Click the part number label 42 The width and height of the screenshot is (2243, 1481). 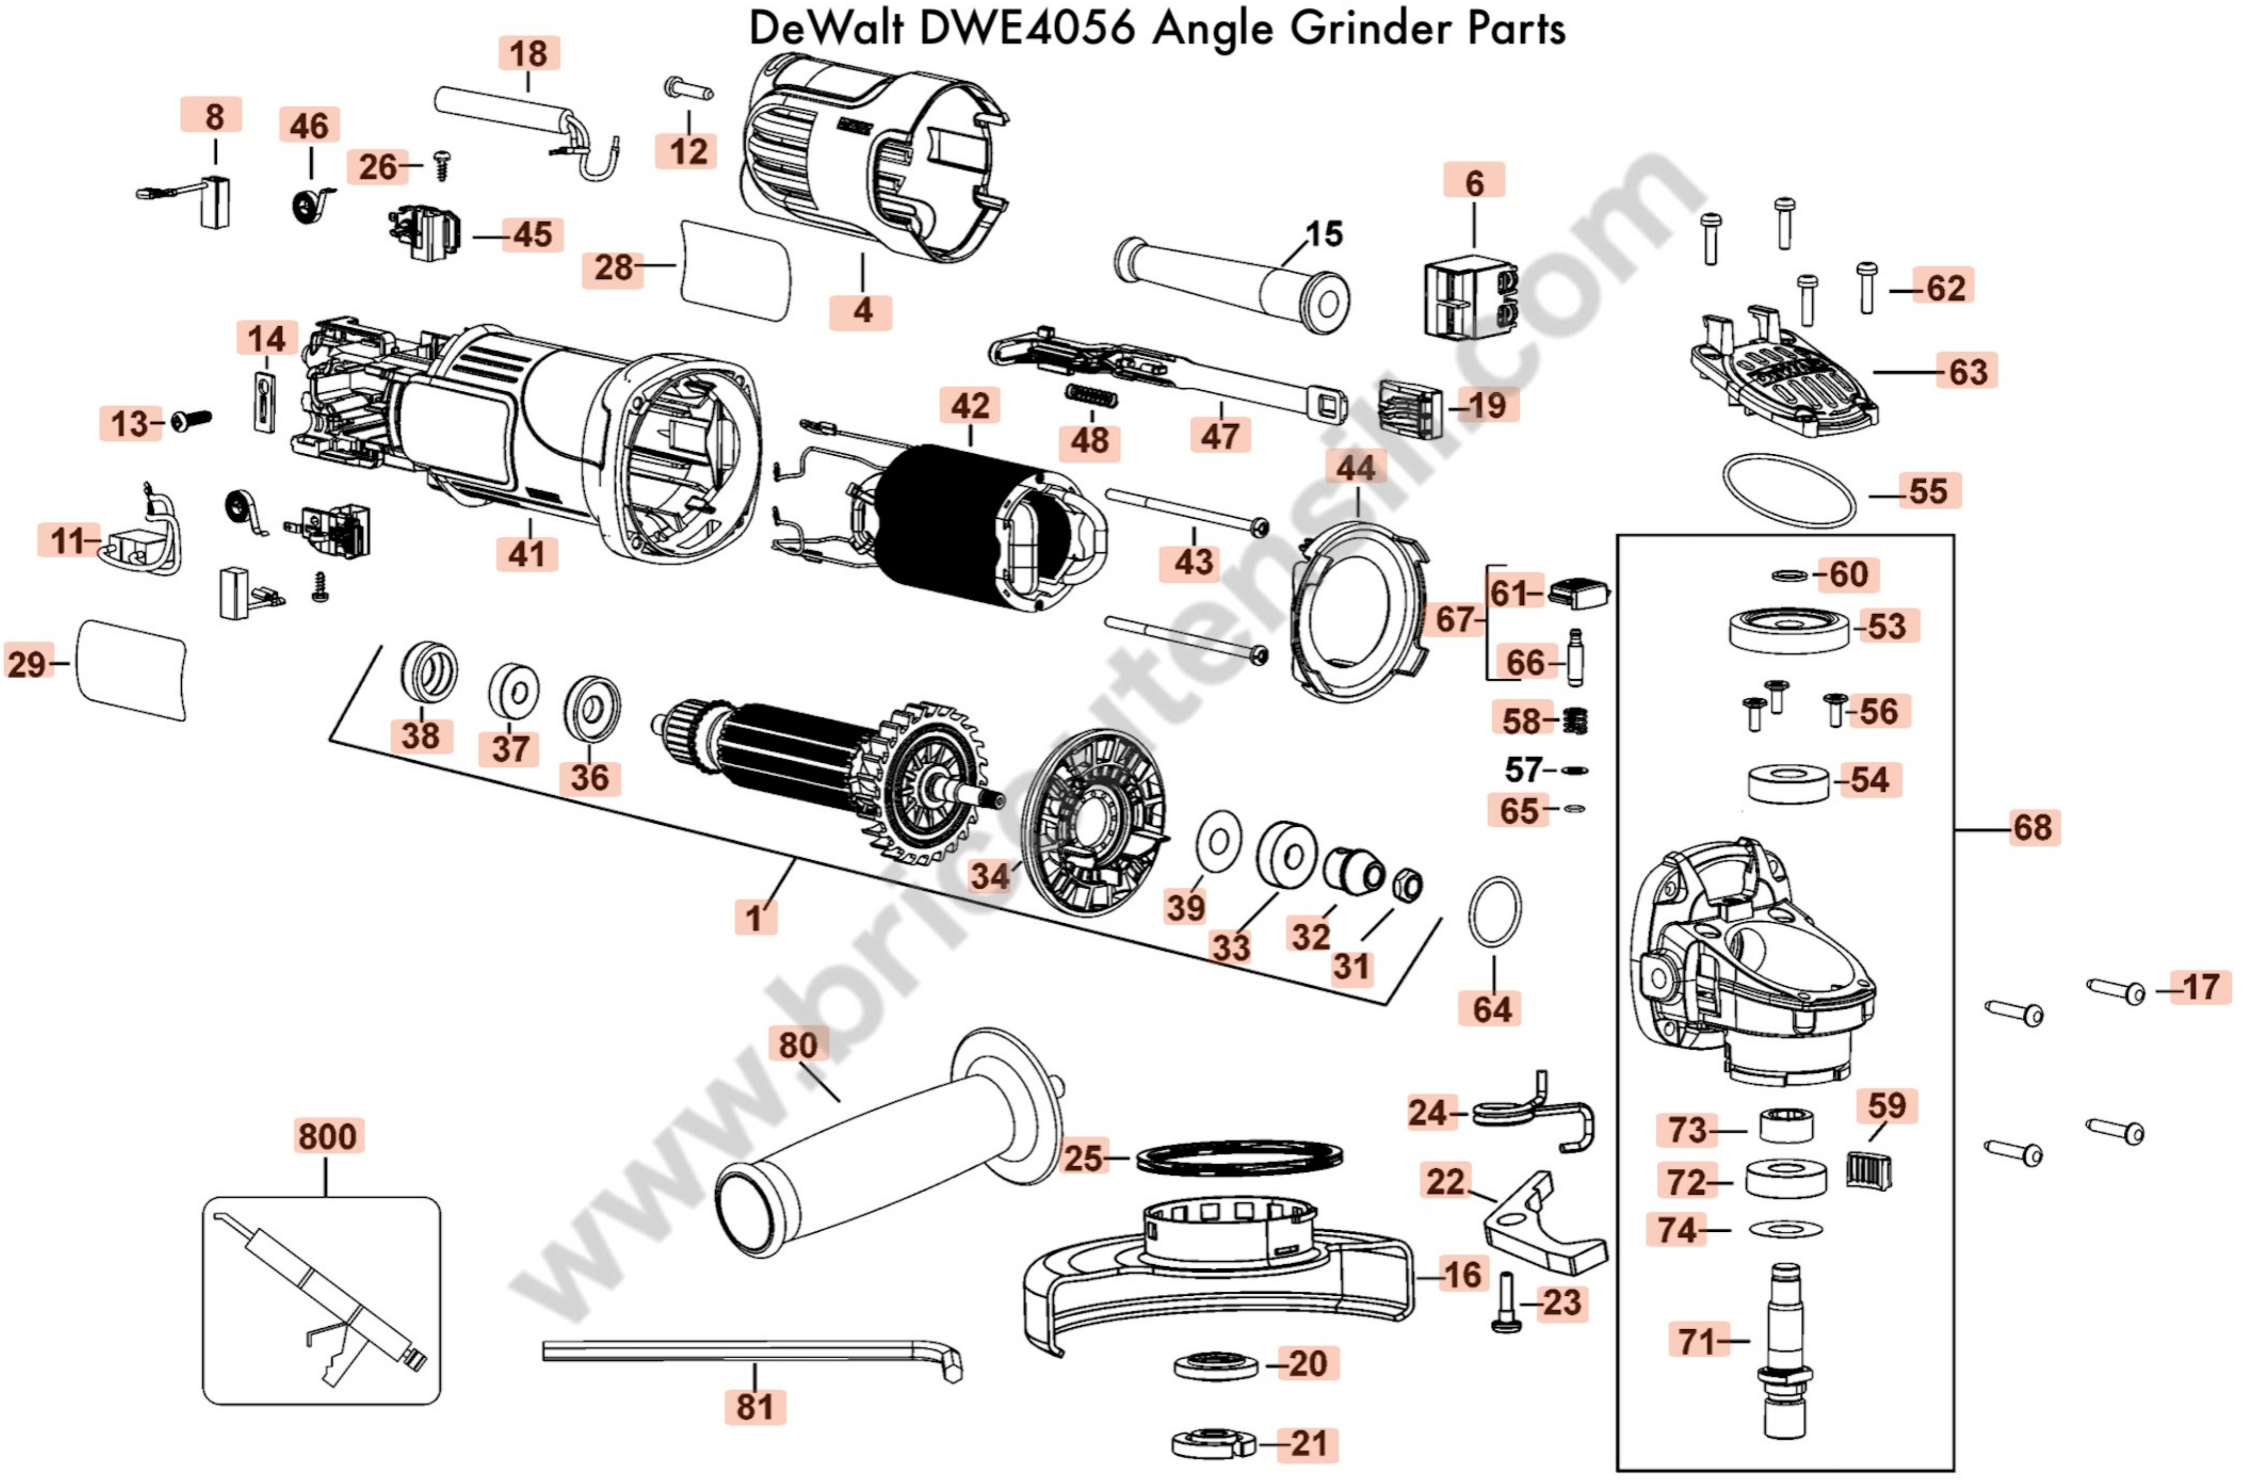[x=970, y=406]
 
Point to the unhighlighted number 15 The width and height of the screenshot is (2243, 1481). [x=1323, y=234]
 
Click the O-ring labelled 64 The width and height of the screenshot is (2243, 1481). [x=1494, y=912]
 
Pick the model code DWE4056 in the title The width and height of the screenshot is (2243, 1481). [x=1027, y=28]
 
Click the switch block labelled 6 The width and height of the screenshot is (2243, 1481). [x=1470, y=295]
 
